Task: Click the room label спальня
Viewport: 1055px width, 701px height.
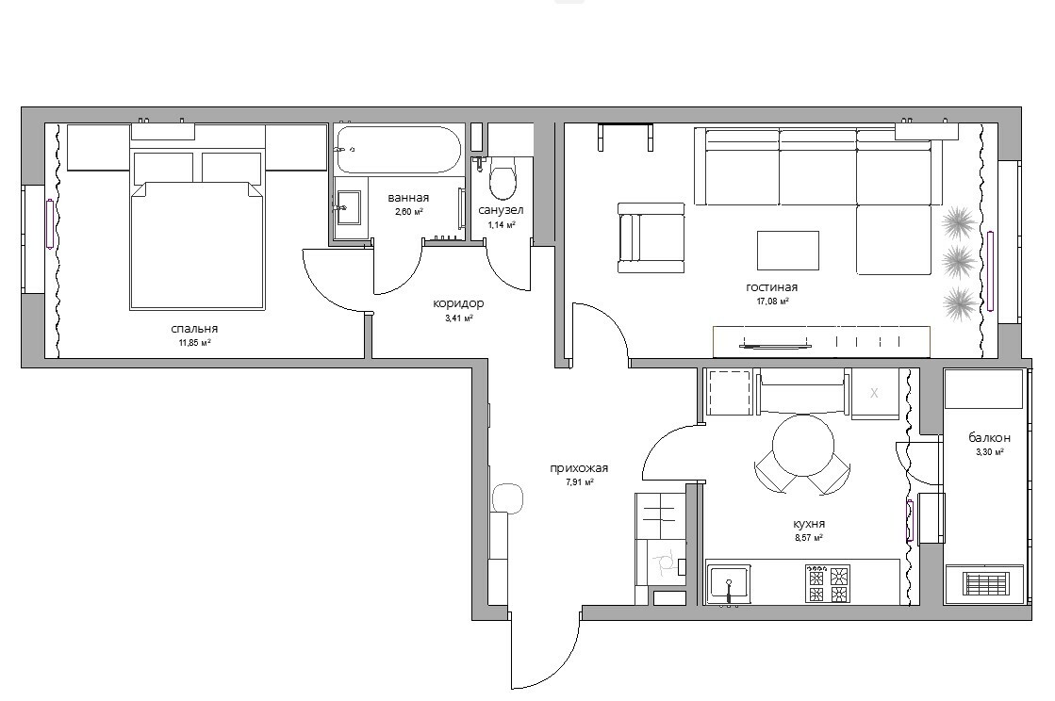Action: point(194,329)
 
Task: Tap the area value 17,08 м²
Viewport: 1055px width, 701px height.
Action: point(772,302)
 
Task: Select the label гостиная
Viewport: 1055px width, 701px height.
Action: point(772,287)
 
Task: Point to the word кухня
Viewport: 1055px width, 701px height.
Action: point(809,524)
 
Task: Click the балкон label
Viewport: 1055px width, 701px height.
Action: point(989,437)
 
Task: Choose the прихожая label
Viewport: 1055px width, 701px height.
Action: point(579,468)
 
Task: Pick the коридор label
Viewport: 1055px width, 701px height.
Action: point(458,303)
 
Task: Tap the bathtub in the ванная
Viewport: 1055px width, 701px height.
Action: point(399,150)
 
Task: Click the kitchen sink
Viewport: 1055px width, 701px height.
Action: point(729,583)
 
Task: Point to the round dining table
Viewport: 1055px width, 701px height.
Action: point(802,445)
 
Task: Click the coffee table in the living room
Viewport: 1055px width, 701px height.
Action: point(788,250)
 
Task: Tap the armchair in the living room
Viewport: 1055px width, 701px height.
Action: point(651,238)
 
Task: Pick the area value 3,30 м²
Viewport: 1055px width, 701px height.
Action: point(990,452)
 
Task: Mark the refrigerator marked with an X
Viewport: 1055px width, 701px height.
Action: point(875,393)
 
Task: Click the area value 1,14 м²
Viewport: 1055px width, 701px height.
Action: point(502,225)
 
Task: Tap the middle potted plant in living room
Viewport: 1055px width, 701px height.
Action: point(959,261)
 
